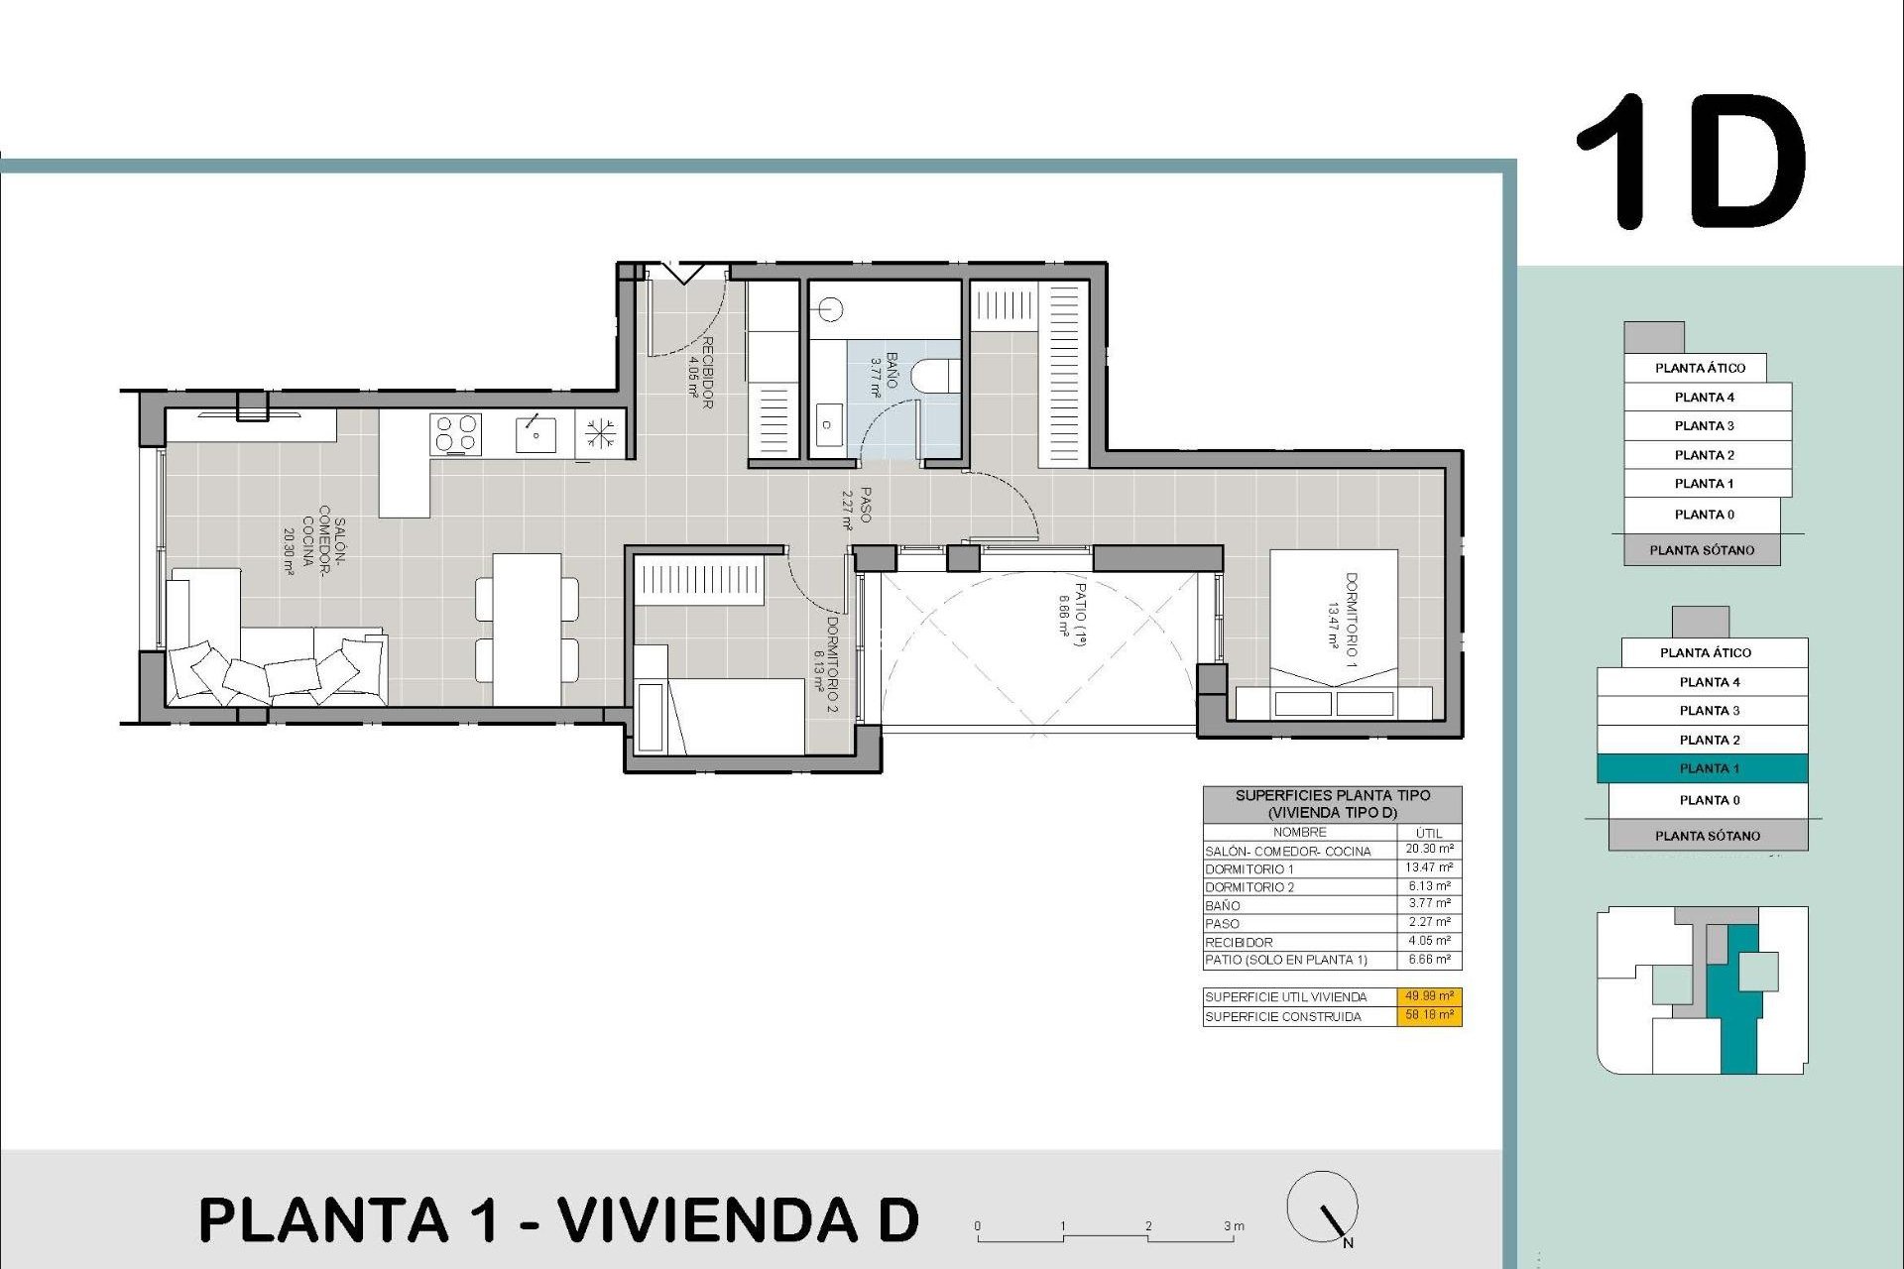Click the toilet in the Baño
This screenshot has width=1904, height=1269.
click(x=934, y=376)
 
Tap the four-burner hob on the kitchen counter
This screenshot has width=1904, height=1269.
click(x=455, y=434)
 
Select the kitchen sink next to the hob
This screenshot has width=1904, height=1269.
click(x=535, y=434)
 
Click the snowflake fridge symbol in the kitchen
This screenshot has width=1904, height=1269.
click(x=600, y=433)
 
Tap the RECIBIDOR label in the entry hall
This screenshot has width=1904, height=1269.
click(x=701, y=372)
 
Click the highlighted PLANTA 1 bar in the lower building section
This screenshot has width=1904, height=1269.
click(x=1702, y=768)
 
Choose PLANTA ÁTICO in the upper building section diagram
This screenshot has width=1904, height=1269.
click(x=1699, y=368)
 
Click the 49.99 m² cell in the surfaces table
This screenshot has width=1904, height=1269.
click(x=1429, y=996)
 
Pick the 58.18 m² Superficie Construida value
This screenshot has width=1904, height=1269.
click(x=1429, y=1015)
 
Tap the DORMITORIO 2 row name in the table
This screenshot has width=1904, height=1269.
click(x=1249, y=887)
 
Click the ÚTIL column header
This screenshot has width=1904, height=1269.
click(x=1429, y=833)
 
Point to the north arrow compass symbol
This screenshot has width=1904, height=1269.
click(x=1322, y=1208)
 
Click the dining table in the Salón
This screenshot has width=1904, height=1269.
click(x=527, y=628)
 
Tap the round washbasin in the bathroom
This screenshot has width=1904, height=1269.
click(x=831, y=310)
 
